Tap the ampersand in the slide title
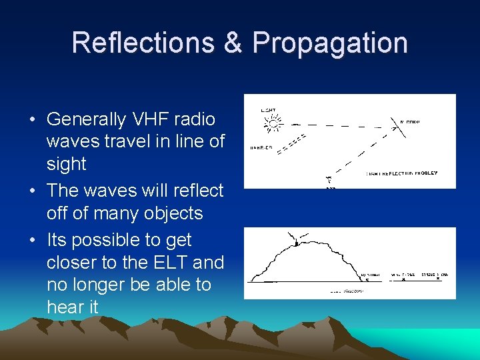[x=233, y=43]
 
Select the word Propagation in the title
[x=330, y=43]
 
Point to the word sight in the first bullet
[x=67, y=164]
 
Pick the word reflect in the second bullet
[x=197, y=191]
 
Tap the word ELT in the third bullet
[x=151, y=262]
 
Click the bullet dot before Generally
[x=32, y=120]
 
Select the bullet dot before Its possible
[x=32, y=241]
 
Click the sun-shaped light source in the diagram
[x=272, y=123]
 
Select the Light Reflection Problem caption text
[x=401, y=173]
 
